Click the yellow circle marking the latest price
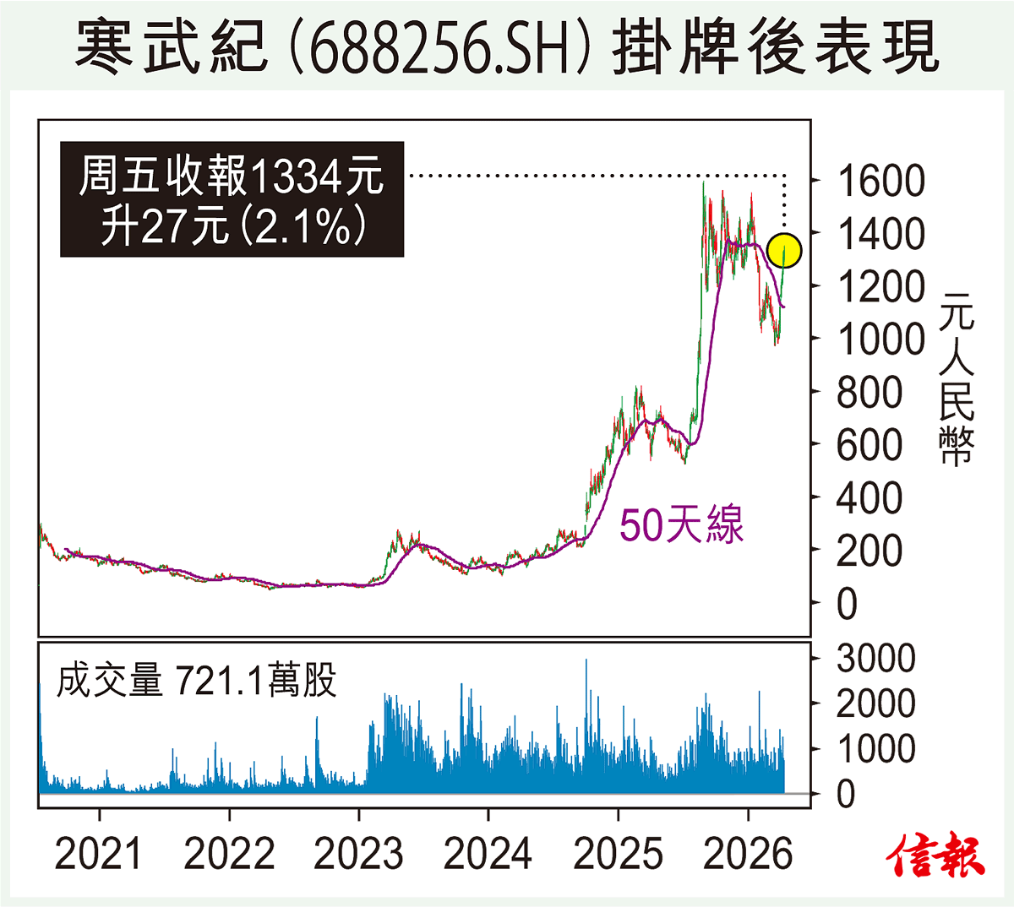785,250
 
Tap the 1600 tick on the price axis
880,182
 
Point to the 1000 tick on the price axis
880,339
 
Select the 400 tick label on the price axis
869,498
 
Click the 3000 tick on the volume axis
875,659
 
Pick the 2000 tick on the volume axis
875,703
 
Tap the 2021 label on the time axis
100,854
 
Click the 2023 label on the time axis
359,854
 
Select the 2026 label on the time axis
748,854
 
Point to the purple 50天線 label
681,525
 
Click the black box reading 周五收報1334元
232,199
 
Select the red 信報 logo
936,855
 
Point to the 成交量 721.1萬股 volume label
197,680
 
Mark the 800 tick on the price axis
869,393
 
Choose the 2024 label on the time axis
488,854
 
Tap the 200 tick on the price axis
869,551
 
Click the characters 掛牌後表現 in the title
775,46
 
